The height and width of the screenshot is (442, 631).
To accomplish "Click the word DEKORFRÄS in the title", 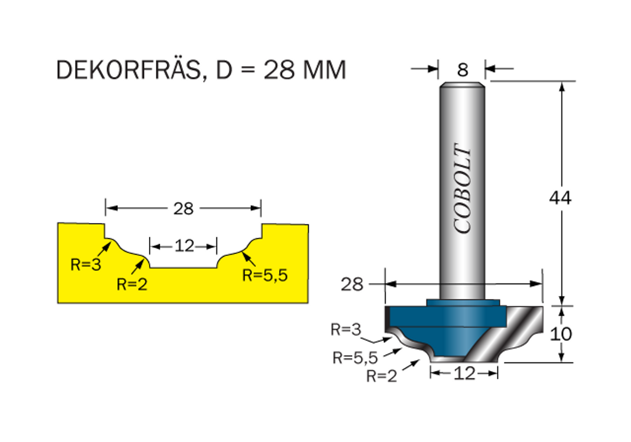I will click(x=127, y=70).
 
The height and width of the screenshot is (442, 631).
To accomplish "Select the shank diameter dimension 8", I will click(x=462, y=70).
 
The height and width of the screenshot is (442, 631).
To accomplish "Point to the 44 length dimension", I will click(x=560, y=198).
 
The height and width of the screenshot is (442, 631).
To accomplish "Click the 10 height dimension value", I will click(x=560, y=334).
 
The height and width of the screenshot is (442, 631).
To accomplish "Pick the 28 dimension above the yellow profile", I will click(x=183, y=208).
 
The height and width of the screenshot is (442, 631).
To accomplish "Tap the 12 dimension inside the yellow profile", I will click(x=184, y=247).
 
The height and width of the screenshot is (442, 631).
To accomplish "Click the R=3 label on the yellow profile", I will click(x=84, y=265).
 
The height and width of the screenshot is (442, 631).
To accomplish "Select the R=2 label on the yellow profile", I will click(x=131, y=284).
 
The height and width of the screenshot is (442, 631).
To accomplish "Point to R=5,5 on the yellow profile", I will click(x=265, y=275).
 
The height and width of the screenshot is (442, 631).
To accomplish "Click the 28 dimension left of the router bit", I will click(x=352, y=284).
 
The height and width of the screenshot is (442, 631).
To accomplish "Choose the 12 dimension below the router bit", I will click(x=464, y=373).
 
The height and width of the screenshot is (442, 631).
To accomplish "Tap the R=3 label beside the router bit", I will click(x=345, y=329).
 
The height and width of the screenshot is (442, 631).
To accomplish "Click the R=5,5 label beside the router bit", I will click(x=355, y=357).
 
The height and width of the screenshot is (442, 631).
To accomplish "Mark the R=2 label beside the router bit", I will click(x=382, y=376).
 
